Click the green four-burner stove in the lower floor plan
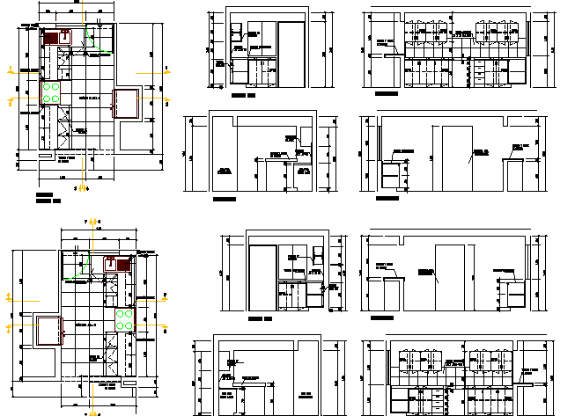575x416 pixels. [x=123, y=318]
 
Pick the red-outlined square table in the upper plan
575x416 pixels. [x=124, y=103]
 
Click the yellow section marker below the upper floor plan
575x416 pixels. [x=82, y=187]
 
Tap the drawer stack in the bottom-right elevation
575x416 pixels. [x=439, y=399]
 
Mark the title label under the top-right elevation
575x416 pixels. [x=386, y=93]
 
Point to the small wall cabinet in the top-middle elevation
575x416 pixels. [x=235, y=33]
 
